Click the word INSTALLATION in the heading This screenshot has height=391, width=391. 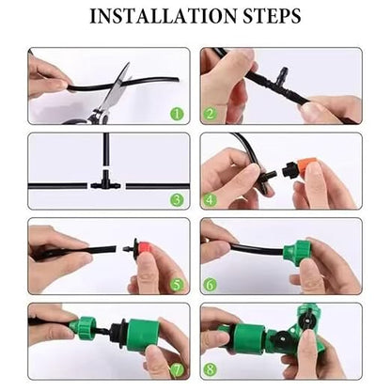(x=163, y=16)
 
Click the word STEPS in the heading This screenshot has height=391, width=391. (x=272, y=16)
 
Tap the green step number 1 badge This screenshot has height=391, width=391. (x=177, y=114)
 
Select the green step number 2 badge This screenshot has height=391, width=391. (x=210, y=114)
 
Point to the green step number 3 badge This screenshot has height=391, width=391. (x=177, y=199)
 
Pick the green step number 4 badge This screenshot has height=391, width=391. (x=210, y=199)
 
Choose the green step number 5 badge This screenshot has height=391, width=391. (x=177, y=285)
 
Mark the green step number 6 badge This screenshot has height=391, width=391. (x=210, y=285)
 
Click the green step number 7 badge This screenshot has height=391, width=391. (x=177, y=370)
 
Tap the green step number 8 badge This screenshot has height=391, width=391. (x=210, y=369)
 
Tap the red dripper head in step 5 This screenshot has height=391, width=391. (x=147, y=248)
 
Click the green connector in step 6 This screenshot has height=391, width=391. (x=295, y=250)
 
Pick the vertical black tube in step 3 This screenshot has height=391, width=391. (x=106, y=151)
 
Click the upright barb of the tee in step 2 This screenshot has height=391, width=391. (x=285, y=73)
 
